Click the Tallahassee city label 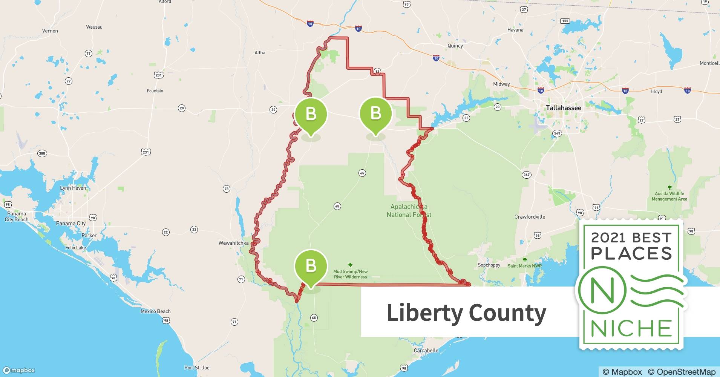[x=564, y=108]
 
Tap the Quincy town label [x=455, y=46]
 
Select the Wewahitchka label [x=234, y=243]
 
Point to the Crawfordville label [x=530, y=217]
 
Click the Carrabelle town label [x=426, y=350]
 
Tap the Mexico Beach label [x=155, y=311]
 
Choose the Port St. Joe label [x=197, y=368]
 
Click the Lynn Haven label [x=73, y=188]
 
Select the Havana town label [x=515, y=30]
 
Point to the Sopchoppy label [x=489, y=265]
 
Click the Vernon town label [x=50, y=31]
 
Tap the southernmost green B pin [x=311, y=266]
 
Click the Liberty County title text [x=466, y=313]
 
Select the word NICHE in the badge [x=631, y=328]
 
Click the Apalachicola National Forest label [x=409, y=211]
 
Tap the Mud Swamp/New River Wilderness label [x=350, y=274]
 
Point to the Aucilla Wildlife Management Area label [x=669, y=196]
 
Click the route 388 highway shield [x=42, y=153]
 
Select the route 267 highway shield [x=526, y=175]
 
